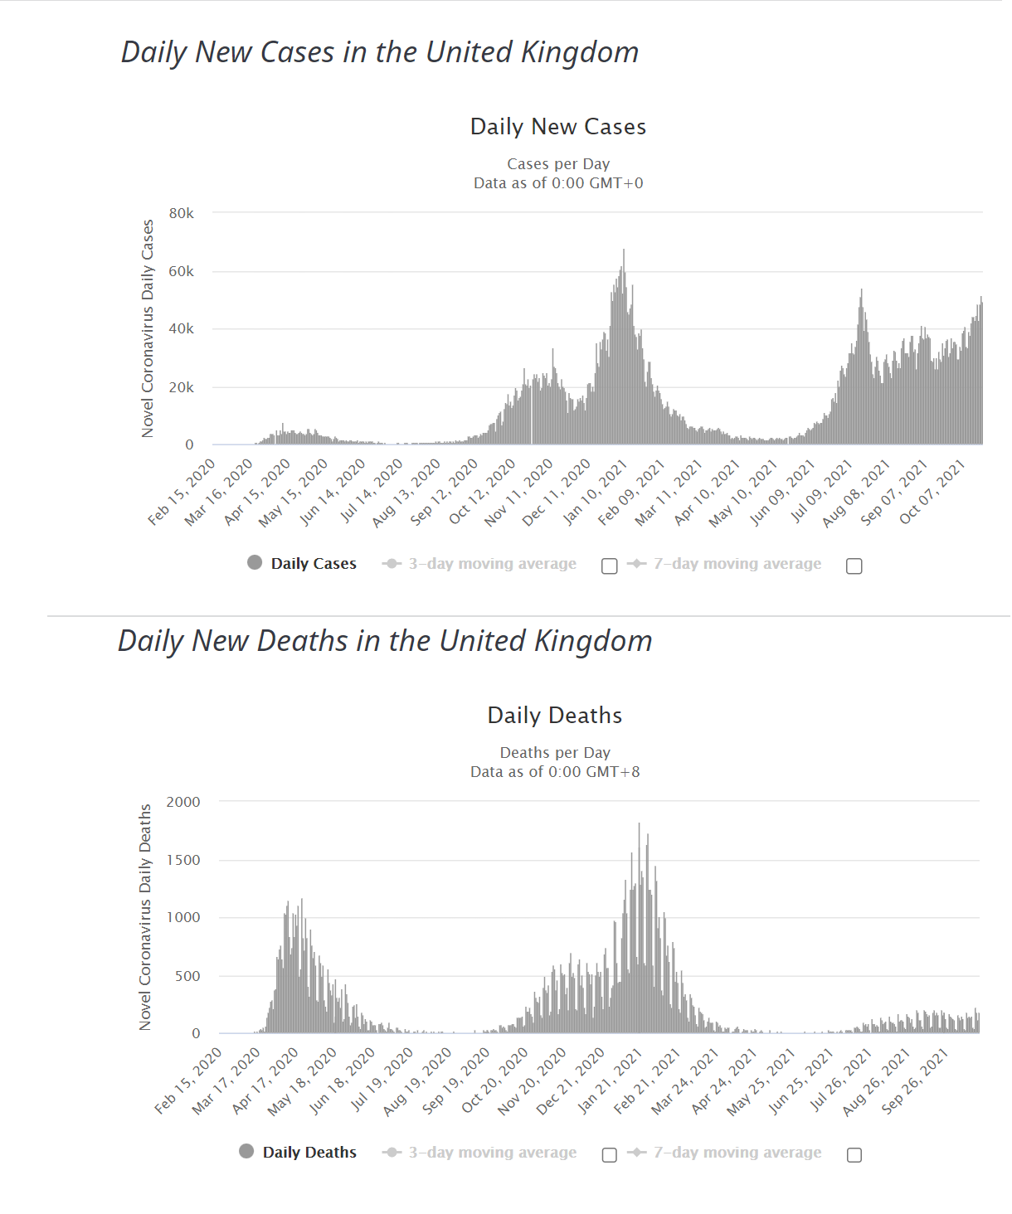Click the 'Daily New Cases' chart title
[557, 127]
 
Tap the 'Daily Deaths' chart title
[554, 715]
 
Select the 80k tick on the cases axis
[181, 213]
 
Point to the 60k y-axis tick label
[181, 271]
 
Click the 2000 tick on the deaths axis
[182, 802]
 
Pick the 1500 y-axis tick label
[182, 860]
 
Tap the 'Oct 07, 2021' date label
[932, 492]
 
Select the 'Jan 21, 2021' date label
[610, 1081]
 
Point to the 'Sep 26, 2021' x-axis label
[915, 1081]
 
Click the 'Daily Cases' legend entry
[302, 563]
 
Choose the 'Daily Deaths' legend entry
[298, 1152]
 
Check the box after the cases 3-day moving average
[609, 566]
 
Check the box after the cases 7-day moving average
[854, 566]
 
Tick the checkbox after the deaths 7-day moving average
[854, 1154]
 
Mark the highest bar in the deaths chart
[639, 928]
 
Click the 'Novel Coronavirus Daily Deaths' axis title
[145, 917]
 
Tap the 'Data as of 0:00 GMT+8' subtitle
[555, 771]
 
